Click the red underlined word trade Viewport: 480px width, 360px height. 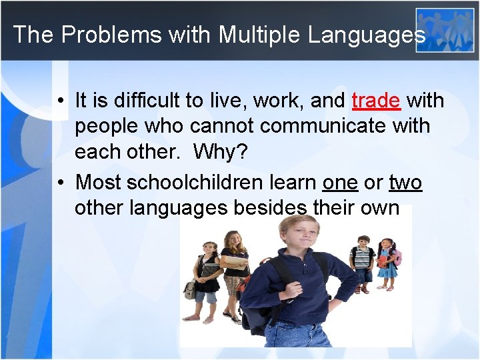(376, 101)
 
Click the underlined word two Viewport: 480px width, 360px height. (405, 182)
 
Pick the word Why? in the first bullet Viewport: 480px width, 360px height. (220, 152)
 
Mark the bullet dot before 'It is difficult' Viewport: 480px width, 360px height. (60, 101)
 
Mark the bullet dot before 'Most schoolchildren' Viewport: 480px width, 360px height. (60, 183)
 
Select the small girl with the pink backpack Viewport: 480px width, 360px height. (387, 263)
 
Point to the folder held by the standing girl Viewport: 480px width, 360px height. (235, 264)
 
